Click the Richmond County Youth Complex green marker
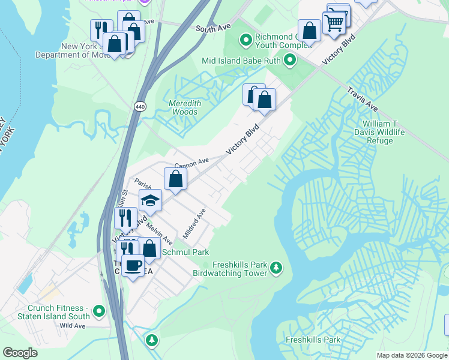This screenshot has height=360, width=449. [246, 40]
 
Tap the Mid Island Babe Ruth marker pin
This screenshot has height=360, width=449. [290, 60]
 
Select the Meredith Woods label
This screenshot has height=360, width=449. [184, 107]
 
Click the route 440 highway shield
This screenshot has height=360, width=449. [140, 106]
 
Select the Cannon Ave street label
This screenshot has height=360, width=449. [191, 162]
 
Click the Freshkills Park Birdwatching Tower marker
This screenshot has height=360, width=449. [276, 267]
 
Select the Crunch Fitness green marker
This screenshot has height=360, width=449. [99, 311]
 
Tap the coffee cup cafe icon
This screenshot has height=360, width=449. [133, 265]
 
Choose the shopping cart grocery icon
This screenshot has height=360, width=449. [334, 22]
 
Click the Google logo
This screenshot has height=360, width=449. [20, 353]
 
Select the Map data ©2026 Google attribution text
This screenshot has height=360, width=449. [411, 355]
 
